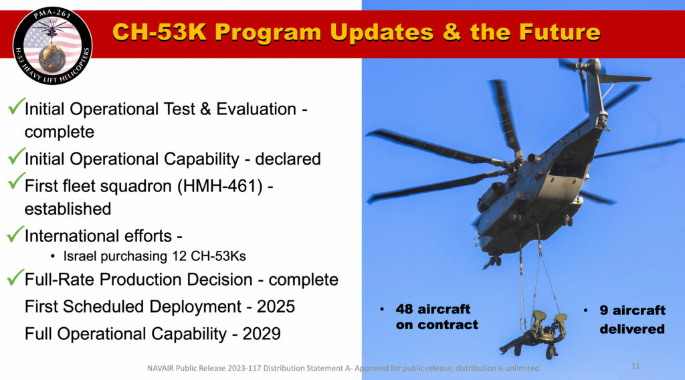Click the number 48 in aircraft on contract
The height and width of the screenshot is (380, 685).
point(405,310)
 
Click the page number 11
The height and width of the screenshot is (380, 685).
point(635,367)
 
